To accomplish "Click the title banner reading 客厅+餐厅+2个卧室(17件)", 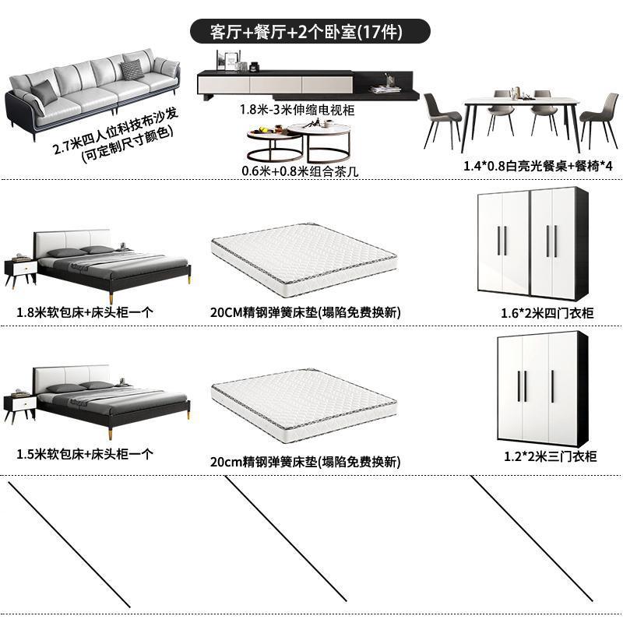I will pos(311,32).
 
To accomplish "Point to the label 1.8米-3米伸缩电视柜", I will pos(297,111).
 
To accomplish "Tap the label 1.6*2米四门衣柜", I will pos(547,312).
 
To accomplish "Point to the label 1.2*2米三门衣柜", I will pos(550,456).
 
